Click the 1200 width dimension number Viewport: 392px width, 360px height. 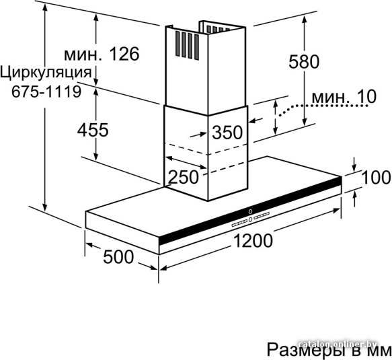click(x=253, y=240)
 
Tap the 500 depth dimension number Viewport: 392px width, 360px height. click(x=118, y=256)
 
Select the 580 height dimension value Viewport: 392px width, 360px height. click(x=304, y=61)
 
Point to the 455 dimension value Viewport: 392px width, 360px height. click(x=93, y=130)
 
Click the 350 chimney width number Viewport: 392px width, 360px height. click(x=227, y=132)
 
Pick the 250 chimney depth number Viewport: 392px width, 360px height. click(x=184, y=177)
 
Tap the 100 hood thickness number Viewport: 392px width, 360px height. click(x=376, y=177)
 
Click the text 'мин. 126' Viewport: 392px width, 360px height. click(x=102, y=54)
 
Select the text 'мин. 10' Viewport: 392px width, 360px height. click(x=344, y=97)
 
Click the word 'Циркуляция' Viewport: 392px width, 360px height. click(x=46, y=73)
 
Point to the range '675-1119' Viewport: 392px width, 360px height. click(x=46, y=92)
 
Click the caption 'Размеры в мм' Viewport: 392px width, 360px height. click(x=329, y=349)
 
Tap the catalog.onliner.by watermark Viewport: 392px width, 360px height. click(x=338, y=344)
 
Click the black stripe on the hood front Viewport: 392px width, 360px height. click(x=250, y=211)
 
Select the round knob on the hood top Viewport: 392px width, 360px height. click(x=250, y=211)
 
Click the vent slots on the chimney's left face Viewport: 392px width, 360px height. click(x=187, y=45)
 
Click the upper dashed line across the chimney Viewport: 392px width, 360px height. click(x=205, y=149)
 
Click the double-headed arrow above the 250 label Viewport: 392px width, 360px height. click(x=186, y=163)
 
